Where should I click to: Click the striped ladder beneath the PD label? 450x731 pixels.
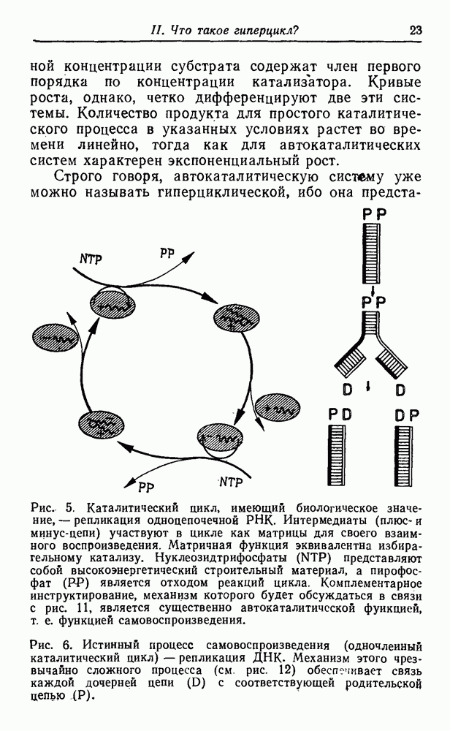pos(340,456)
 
